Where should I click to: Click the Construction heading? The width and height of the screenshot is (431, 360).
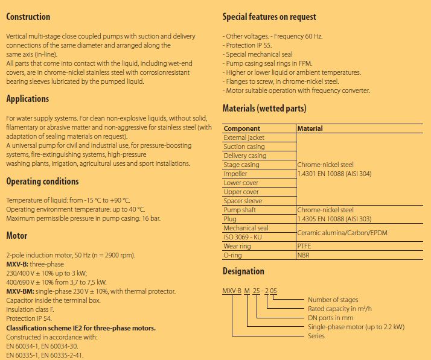28,17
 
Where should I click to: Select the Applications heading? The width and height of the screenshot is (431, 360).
27,99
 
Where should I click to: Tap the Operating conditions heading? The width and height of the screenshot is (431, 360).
42,182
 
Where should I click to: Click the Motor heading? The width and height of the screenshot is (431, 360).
17,236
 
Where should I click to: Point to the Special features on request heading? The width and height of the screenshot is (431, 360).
269,17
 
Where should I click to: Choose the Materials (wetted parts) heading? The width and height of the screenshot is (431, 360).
264,109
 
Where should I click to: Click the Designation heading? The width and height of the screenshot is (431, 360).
243,271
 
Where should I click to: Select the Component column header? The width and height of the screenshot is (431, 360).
242,128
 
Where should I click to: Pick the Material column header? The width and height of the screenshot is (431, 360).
310,128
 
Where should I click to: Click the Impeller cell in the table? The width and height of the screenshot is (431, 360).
235,174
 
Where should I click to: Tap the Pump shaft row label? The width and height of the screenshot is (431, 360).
240,210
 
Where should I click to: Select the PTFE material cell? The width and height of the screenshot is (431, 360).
305,246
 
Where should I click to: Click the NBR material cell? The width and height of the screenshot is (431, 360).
304,255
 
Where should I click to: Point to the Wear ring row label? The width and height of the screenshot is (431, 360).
238,246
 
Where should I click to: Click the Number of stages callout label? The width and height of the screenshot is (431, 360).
333,300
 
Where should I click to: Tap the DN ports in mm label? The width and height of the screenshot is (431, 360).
330,318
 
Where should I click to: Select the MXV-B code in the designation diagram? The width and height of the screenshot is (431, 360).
232,291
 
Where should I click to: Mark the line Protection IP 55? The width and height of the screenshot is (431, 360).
248,45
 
